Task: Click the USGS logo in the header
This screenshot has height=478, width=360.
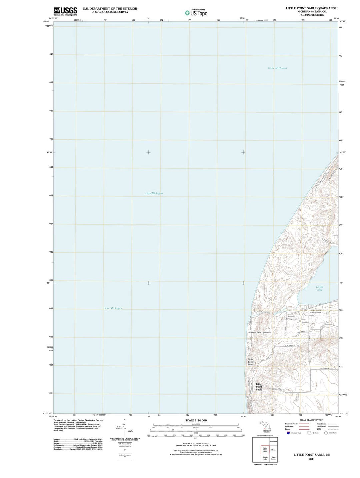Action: point(65,11)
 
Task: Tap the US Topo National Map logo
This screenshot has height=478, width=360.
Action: point(196,13)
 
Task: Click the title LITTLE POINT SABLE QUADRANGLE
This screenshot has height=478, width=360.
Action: point(312,8)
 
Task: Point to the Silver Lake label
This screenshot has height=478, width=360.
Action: point(319,288)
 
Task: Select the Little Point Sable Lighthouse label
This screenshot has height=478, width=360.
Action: point(259,332)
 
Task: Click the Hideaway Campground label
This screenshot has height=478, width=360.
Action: point(291,318)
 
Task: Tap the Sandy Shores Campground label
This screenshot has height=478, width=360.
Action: point(316,311)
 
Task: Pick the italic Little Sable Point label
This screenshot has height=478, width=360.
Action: point(250,362)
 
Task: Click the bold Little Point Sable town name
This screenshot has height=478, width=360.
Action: point(259,387)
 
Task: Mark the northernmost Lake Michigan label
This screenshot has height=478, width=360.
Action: point(277,68)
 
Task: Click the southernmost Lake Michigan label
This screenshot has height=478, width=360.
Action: point(113,308)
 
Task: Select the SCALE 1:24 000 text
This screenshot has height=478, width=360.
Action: point(196,420)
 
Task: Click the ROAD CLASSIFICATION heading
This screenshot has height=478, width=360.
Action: point(311,420)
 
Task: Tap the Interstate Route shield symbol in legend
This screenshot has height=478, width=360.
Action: point(288,433)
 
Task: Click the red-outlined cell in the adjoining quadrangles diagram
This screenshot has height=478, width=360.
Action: point(265,450)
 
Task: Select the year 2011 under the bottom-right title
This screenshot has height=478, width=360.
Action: point(311,459)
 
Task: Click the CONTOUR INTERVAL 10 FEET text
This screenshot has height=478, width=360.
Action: point(196,444)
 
